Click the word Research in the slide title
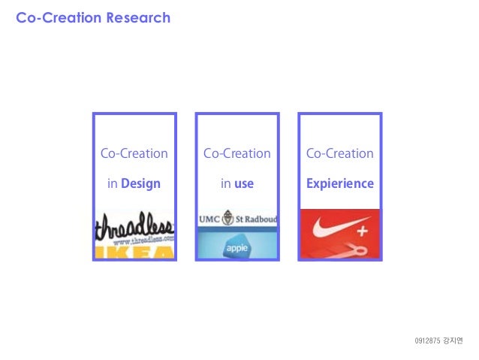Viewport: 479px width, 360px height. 137,17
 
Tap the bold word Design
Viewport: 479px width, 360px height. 140,183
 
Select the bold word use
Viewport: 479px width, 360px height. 244,183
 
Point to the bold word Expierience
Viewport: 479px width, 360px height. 339,183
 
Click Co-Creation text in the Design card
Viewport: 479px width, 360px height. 134,153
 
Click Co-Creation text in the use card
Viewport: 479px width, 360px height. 236,153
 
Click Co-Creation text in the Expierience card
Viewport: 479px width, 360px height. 339,153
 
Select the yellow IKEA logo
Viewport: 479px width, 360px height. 134,253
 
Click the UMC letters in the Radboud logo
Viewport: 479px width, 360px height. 209,219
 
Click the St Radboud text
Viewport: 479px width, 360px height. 256,219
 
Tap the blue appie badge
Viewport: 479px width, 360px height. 236,247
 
